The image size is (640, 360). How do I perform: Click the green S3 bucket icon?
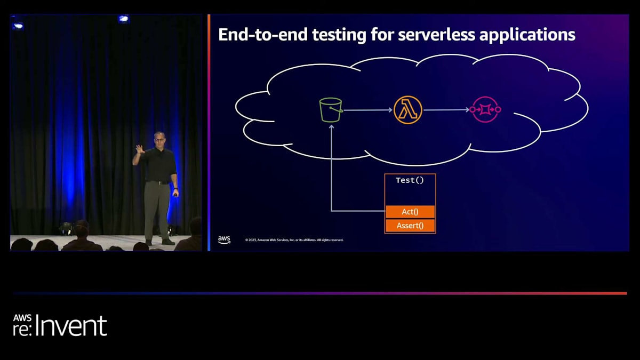pos(331,110)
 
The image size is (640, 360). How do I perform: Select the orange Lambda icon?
pos(408,110)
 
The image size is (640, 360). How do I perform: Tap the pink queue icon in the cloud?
pos(485,110)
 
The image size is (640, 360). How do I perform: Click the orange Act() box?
pos(410,212)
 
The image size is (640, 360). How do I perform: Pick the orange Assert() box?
pos(410,226)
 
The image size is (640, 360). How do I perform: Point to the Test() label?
pos(410,180)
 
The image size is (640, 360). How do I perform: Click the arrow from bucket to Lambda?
pos(368,110)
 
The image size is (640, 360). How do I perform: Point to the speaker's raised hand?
pos(139,149)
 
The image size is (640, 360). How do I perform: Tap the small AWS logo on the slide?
pos(224,240)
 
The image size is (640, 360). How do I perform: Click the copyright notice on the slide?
pos(294,240)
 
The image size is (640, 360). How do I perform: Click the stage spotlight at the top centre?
pos(124,19)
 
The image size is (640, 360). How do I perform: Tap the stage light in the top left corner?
pos(18,25)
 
